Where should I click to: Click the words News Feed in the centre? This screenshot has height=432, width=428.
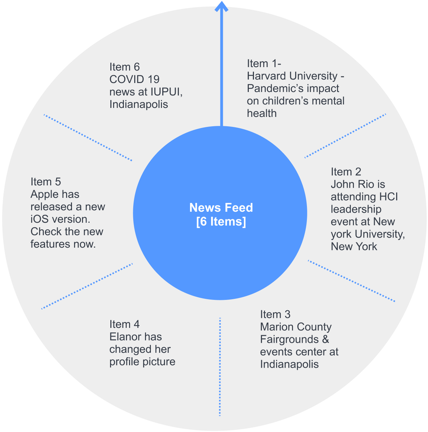[221, 208]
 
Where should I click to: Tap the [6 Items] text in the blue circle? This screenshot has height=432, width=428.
[221, 221]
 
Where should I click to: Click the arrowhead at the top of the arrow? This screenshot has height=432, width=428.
[221, 6]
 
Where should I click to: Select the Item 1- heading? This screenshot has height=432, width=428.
[264, 64]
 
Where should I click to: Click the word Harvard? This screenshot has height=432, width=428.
[267, 76]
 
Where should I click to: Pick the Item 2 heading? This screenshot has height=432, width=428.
[346, 172]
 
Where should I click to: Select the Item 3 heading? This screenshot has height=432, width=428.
[275, 314]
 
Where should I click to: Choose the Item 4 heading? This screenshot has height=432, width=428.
[124, 324]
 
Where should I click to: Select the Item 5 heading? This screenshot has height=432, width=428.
[45, 182]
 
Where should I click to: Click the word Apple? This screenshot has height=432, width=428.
[44, 194]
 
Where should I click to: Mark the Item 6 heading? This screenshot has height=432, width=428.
[124, 67]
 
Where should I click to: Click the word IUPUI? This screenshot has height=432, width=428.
[166, 92]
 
